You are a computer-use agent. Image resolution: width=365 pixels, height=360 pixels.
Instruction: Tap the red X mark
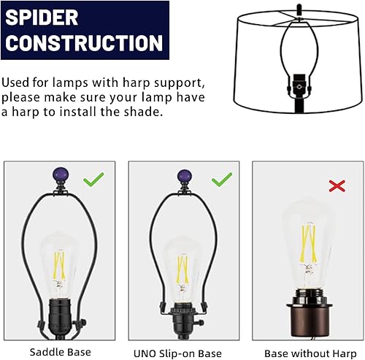point(337,187)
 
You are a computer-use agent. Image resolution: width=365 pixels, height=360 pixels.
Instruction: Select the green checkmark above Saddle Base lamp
point(93,179)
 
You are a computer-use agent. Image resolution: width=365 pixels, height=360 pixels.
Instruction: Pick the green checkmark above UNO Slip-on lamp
point(220,179)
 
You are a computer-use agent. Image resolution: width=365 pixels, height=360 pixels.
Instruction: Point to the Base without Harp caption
point(305,352)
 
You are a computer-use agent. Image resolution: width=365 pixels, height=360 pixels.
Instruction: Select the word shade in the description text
point(139,112)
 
